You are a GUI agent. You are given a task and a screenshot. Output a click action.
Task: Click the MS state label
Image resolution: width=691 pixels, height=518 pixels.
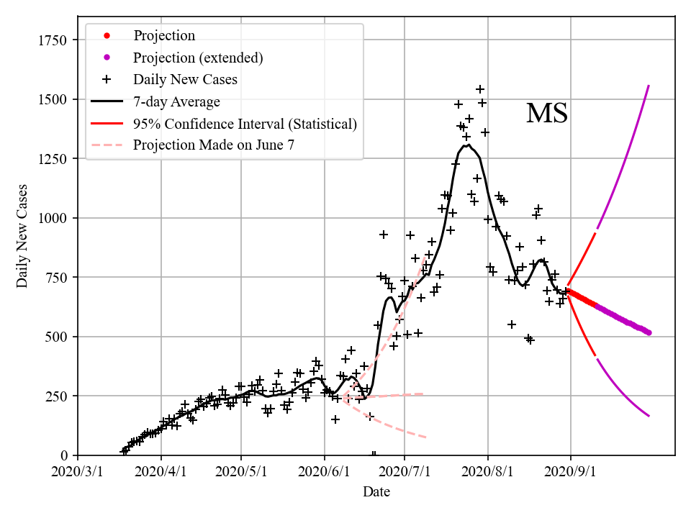point(547,114)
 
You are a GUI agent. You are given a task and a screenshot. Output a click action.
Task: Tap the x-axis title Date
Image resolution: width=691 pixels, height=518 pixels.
point(376,492)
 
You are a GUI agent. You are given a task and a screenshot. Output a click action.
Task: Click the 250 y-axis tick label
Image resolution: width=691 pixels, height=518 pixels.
point(58,396)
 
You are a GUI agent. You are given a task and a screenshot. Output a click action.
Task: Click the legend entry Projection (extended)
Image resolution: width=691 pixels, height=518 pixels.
point(198,58)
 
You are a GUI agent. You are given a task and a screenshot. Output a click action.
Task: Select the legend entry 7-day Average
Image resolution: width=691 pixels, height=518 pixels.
point(176,101)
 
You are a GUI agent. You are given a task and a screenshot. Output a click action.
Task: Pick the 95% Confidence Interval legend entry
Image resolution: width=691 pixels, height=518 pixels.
point(245,124)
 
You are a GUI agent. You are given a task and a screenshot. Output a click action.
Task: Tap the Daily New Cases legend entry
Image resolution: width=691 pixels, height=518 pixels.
point(185,79)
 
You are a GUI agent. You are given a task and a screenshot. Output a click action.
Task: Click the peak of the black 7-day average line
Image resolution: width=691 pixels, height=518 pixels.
point(468,145)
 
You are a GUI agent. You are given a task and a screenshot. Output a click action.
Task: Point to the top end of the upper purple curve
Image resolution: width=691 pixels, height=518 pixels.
point(649,86)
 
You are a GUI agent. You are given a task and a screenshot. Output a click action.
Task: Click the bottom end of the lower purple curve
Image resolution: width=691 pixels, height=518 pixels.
point(649,416)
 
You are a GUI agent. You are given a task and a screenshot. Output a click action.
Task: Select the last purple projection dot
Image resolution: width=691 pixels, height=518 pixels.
point(649,332)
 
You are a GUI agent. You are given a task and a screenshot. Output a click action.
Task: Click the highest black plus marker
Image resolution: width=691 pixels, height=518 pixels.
point(480,90)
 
